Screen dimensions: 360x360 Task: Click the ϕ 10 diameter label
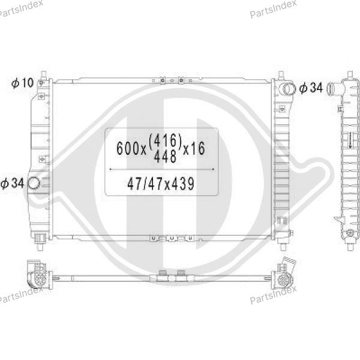pos(23,83)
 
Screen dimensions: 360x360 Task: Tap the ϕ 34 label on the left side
pos(12,183)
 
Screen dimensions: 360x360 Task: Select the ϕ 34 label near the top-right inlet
pos(311,88)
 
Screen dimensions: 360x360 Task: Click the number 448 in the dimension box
pos(165,157)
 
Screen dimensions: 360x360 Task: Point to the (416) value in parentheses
pos(166,140)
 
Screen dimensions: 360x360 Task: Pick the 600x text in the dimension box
pos(131,148)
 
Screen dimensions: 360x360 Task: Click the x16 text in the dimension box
pos(194,148)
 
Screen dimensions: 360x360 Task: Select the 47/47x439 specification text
pos(161,184)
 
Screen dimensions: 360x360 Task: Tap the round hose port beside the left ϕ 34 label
pos(34,184)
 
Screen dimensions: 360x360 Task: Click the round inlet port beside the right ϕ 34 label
pos(289,89)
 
